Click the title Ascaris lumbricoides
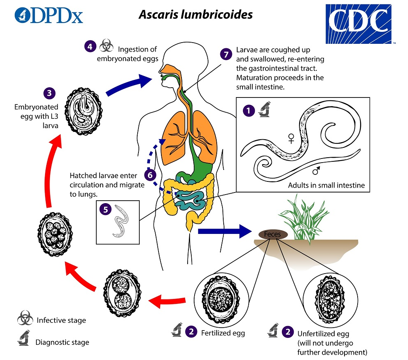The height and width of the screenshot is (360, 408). click(x=195, y=14)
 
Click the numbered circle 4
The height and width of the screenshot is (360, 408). click(x=90, y=46)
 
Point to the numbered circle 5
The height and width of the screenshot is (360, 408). click(x=106, y=209)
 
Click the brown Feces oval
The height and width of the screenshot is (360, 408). click(x=273, y=234)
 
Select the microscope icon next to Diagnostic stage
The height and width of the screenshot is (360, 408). click(x=24, y=341)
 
